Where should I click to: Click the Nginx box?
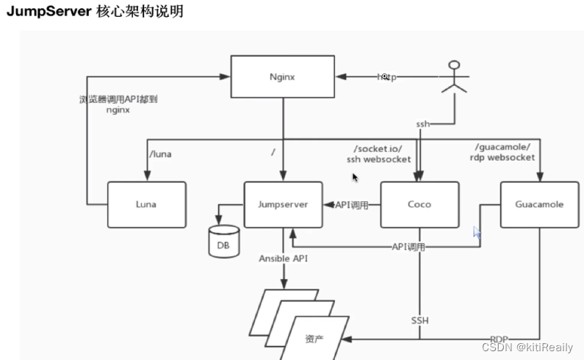283,76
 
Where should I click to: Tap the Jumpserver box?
283,204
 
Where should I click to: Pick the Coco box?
419,204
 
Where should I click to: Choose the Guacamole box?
540,204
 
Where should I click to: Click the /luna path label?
161,155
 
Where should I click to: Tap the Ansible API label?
283,259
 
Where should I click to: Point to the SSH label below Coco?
419,320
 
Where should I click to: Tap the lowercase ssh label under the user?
422,124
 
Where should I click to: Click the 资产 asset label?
314,339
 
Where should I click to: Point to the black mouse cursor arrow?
356,178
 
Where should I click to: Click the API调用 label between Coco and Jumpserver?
352,204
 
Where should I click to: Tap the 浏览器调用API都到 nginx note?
117,104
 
